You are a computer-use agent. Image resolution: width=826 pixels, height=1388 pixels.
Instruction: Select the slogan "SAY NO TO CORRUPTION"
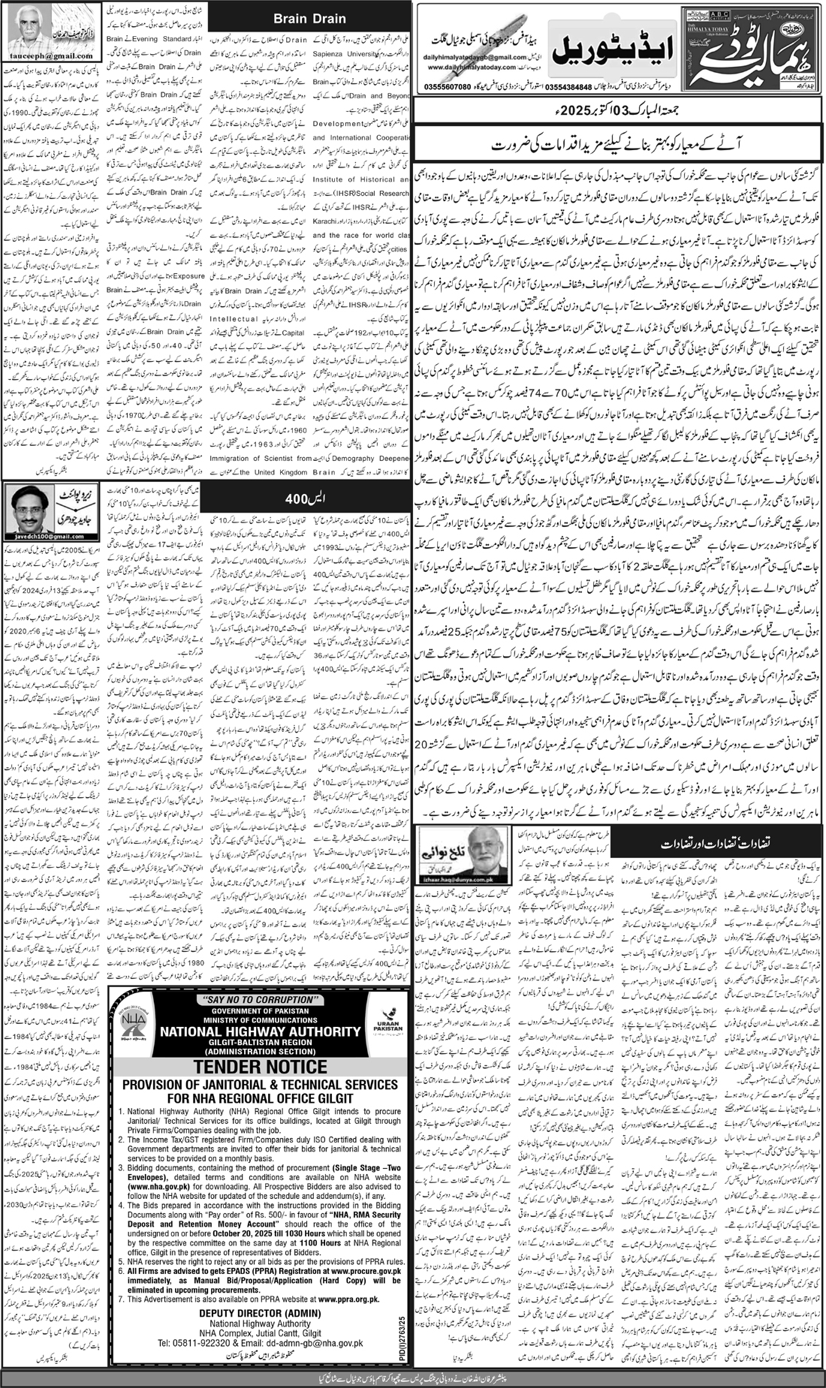(259, 999)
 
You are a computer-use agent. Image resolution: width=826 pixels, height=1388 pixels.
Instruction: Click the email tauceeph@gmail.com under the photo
(53, 56)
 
